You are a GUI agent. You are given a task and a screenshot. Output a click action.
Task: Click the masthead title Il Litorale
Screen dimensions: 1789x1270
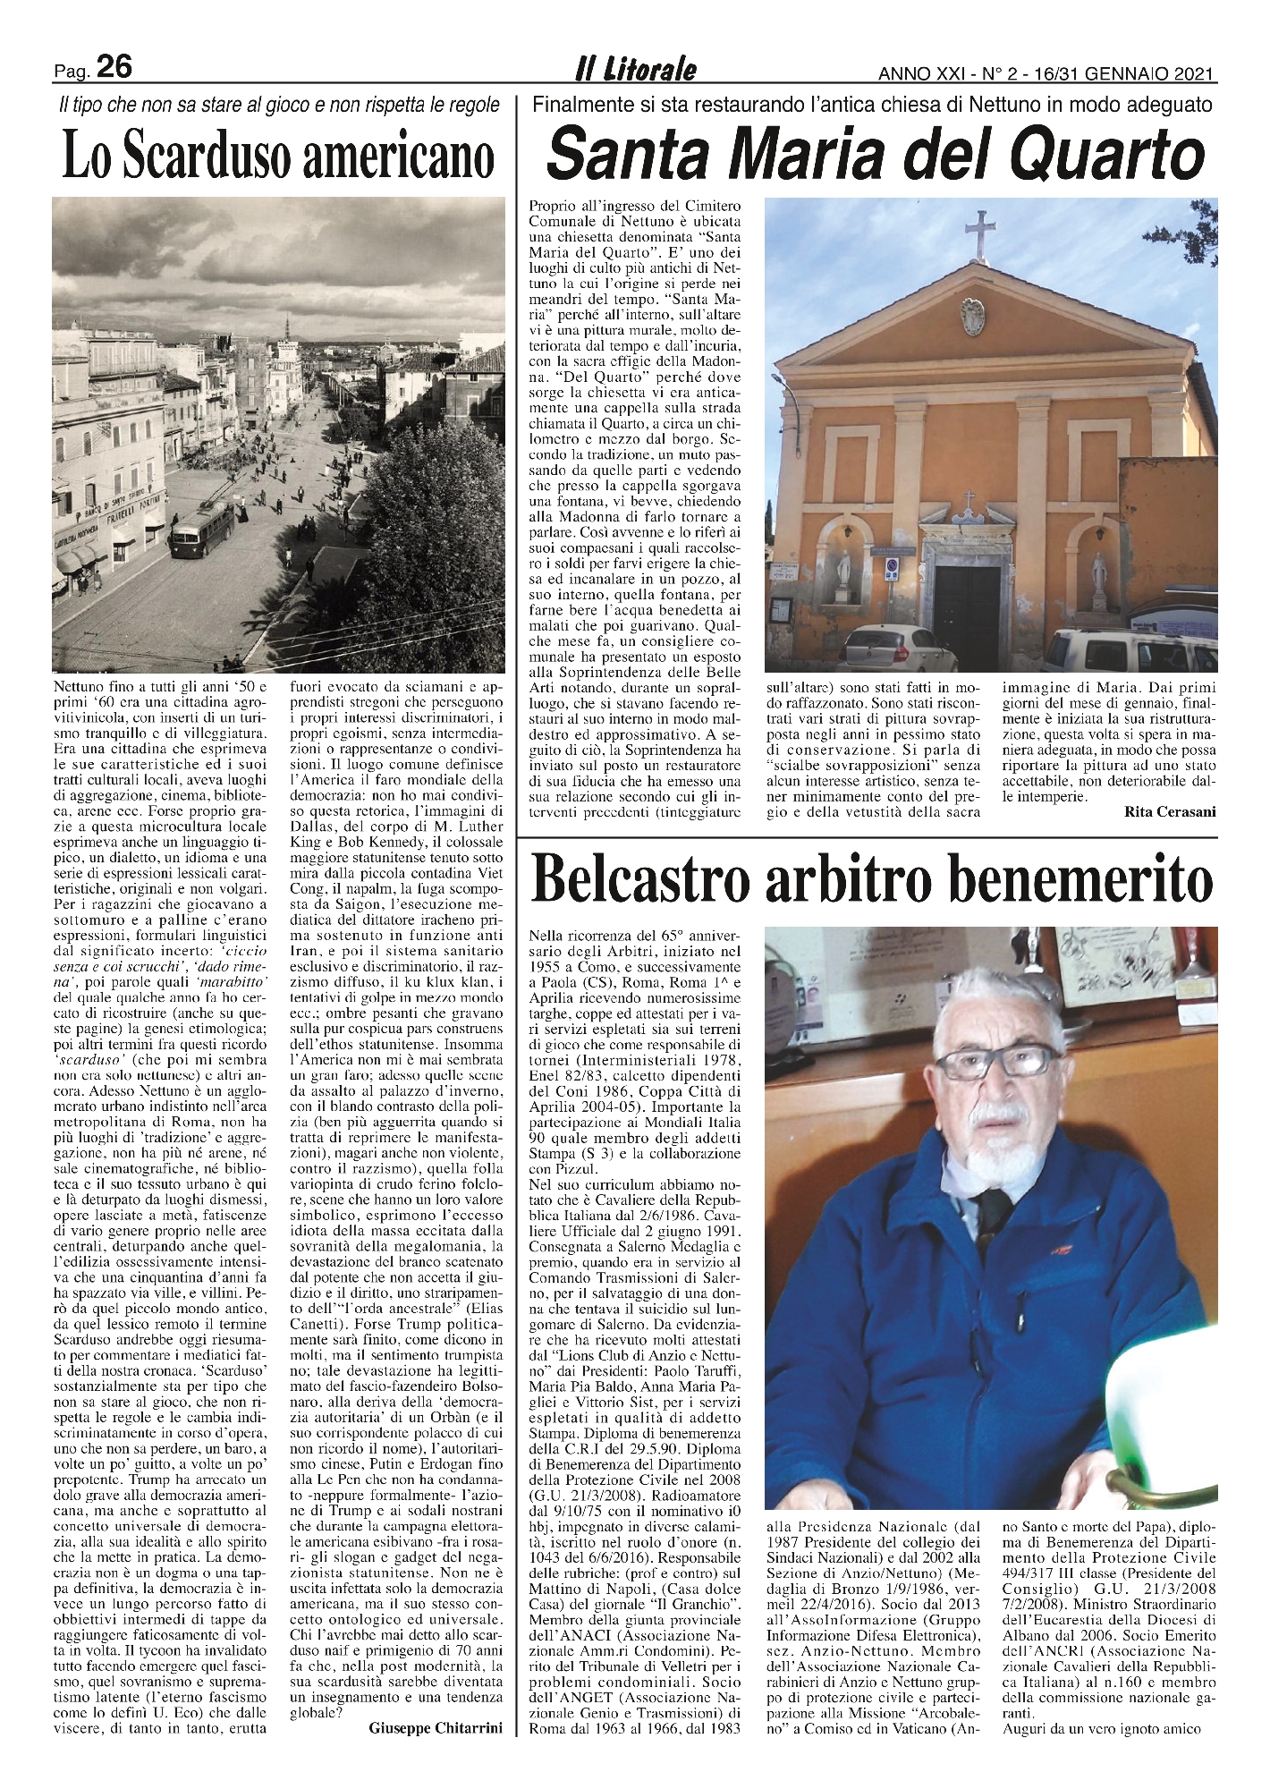click(636, 70)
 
